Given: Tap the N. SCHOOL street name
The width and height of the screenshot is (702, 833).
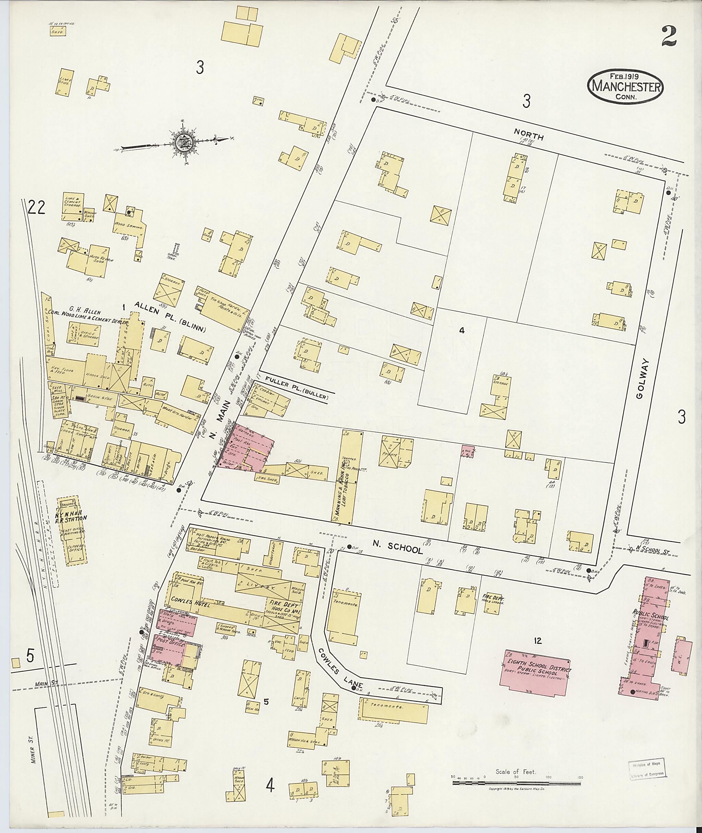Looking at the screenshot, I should [x=403, y=549].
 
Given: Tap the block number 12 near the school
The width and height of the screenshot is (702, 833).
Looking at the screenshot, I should [x=538, y=640].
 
